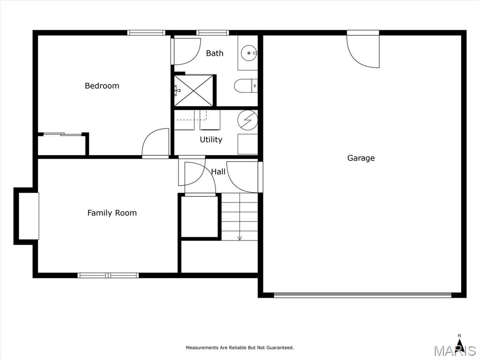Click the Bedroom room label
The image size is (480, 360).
[102, 86]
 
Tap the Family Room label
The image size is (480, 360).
[112, 213]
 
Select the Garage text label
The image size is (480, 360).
[361, 158]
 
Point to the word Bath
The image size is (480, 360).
[215, 53]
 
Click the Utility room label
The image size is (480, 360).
[211, 140]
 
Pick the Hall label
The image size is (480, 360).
[218, 172]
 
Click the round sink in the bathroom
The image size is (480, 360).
[248, 53]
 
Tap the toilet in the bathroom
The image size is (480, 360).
[246, 86]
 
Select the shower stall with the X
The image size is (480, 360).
[194, 90]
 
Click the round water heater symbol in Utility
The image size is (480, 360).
[247, 120]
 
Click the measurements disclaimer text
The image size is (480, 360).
[240, 347]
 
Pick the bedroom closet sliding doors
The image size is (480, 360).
[62, 134]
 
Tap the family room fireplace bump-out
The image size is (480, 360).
[26, 216]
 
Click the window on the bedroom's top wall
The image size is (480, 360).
[146, 32]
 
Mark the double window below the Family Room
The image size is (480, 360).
[108, 276]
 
